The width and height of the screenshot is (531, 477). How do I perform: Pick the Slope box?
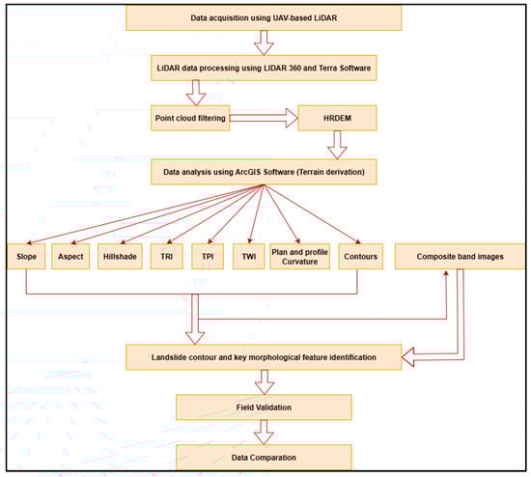pyautogui.click(x=26, y=258)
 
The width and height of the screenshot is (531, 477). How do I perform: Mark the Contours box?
pyautogui.click(x=358, y=258)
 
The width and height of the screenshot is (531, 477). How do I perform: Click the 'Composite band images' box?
pyautogui.click(x=455, y=258)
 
